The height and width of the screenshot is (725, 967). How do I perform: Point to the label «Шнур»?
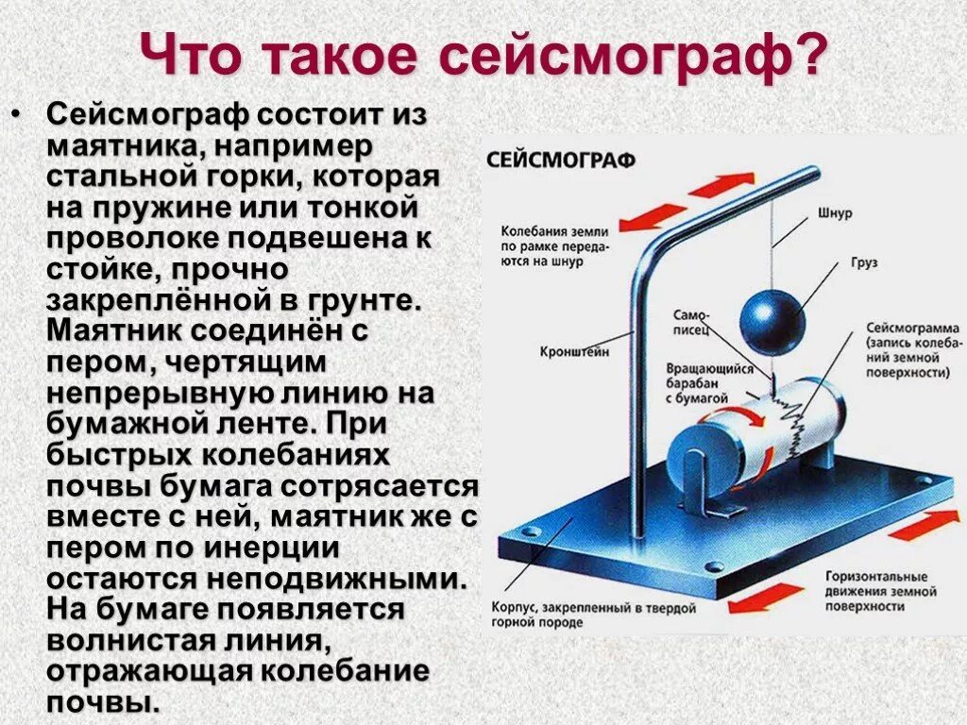835,213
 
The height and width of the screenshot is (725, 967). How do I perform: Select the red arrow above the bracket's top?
721,185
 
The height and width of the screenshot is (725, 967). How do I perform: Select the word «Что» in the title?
184,58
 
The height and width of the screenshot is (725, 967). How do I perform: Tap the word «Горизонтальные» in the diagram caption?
874,576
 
